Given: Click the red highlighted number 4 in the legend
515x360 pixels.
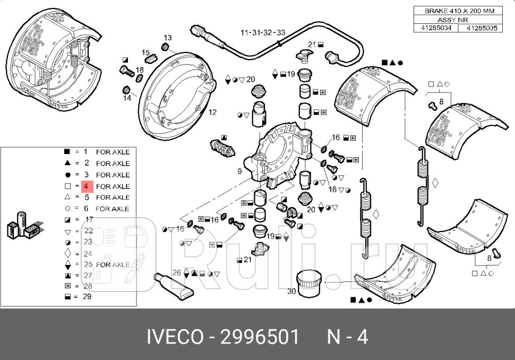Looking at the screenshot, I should click(87, 186).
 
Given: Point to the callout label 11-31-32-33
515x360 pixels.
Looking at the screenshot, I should click(263, 33).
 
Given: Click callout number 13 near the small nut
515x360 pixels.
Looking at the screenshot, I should click(167, 38).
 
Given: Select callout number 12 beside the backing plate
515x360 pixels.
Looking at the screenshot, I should click(212, 113).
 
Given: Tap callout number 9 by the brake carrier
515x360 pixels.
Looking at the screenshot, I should click(239, 171).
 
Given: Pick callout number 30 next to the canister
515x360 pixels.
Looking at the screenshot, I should click(291, 291).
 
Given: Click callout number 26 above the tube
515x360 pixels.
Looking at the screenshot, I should click(177, 273).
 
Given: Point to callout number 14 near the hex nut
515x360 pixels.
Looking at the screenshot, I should click(127, 98).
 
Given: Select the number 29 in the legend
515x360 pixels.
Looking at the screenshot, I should click(87, 296).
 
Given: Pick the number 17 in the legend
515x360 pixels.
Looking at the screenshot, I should click(89, 219).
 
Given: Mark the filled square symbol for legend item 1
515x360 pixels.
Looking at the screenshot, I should click(67, 152).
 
